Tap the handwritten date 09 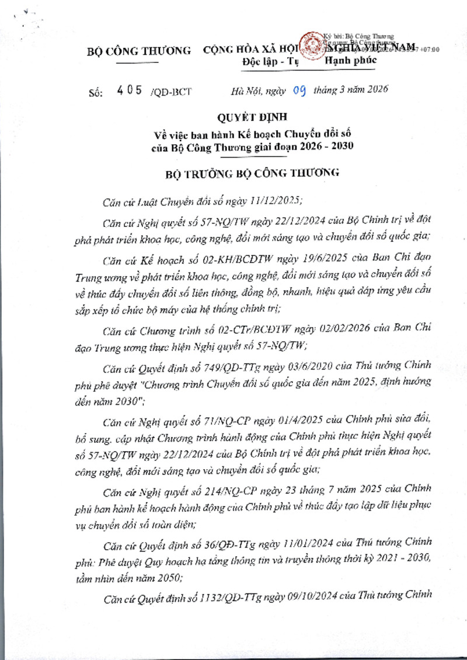(299, 90)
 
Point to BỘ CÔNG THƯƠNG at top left (139, 51)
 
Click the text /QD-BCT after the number (170, 92)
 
